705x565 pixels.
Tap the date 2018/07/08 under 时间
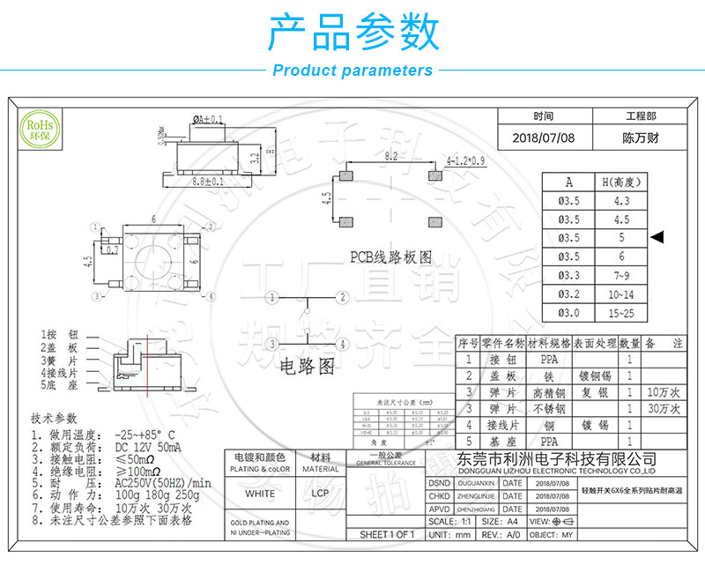[543, 138]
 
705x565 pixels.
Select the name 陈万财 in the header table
[641, 138]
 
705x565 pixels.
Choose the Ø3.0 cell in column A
[569, 313]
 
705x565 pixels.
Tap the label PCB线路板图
[391, 257]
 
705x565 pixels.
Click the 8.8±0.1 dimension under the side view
[208, 182]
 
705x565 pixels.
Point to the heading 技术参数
[54, 417]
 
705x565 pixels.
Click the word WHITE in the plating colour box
[260, 494]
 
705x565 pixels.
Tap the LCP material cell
[321, 494]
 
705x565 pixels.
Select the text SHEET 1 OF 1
[387, 534]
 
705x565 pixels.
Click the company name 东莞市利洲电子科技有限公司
[558, 458]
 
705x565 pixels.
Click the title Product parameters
[352, 71]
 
